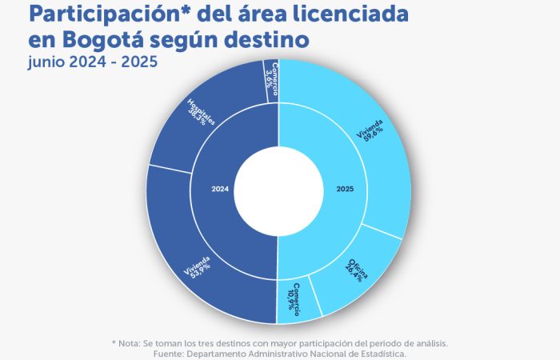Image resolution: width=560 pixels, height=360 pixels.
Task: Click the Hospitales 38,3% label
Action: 198,112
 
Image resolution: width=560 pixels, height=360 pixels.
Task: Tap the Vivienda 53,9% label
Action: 198,270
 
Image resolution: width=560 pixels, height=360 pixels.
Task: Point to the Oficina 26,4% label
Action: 357,271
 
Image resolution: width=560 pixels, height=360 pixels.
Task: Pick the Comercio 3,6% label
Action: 272,79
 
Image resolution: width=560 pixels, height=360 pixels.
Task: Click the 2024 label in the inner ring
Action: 220,190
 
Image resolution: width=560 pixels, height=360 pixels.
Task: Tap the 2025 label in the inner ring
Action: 345,190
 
